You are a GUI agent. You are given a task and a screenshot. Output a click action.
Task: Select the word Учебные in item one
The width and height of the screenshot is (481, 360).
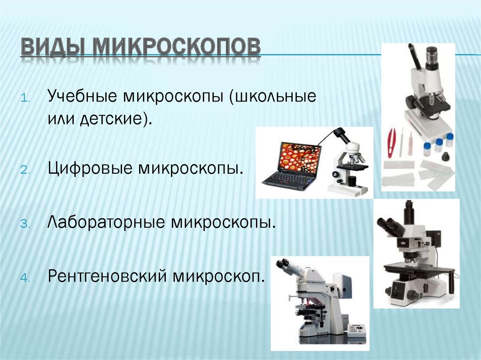[82, 96]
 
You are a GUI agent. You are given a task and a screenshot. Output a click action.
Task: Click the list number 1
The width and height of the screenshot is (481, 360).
[25, 99]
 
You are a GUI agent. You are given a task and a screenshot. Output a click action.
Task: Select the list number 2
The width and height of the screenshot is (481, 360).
[25, 170]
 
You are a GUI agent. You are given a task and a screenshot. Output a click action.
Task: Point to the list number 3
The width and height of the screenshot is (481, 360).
[25, 224]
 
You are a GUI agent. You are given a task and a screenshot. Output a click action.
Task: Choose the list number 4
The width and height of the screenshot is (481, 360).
[25, 278]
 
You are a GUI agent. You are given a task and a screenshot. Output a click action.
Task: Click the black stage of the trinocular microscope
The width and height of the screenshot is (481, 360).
[419, 269]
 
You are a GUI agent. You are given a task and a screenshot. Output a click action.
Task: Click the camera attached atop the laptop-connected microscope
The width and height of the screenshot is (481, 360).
[341, 134]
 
